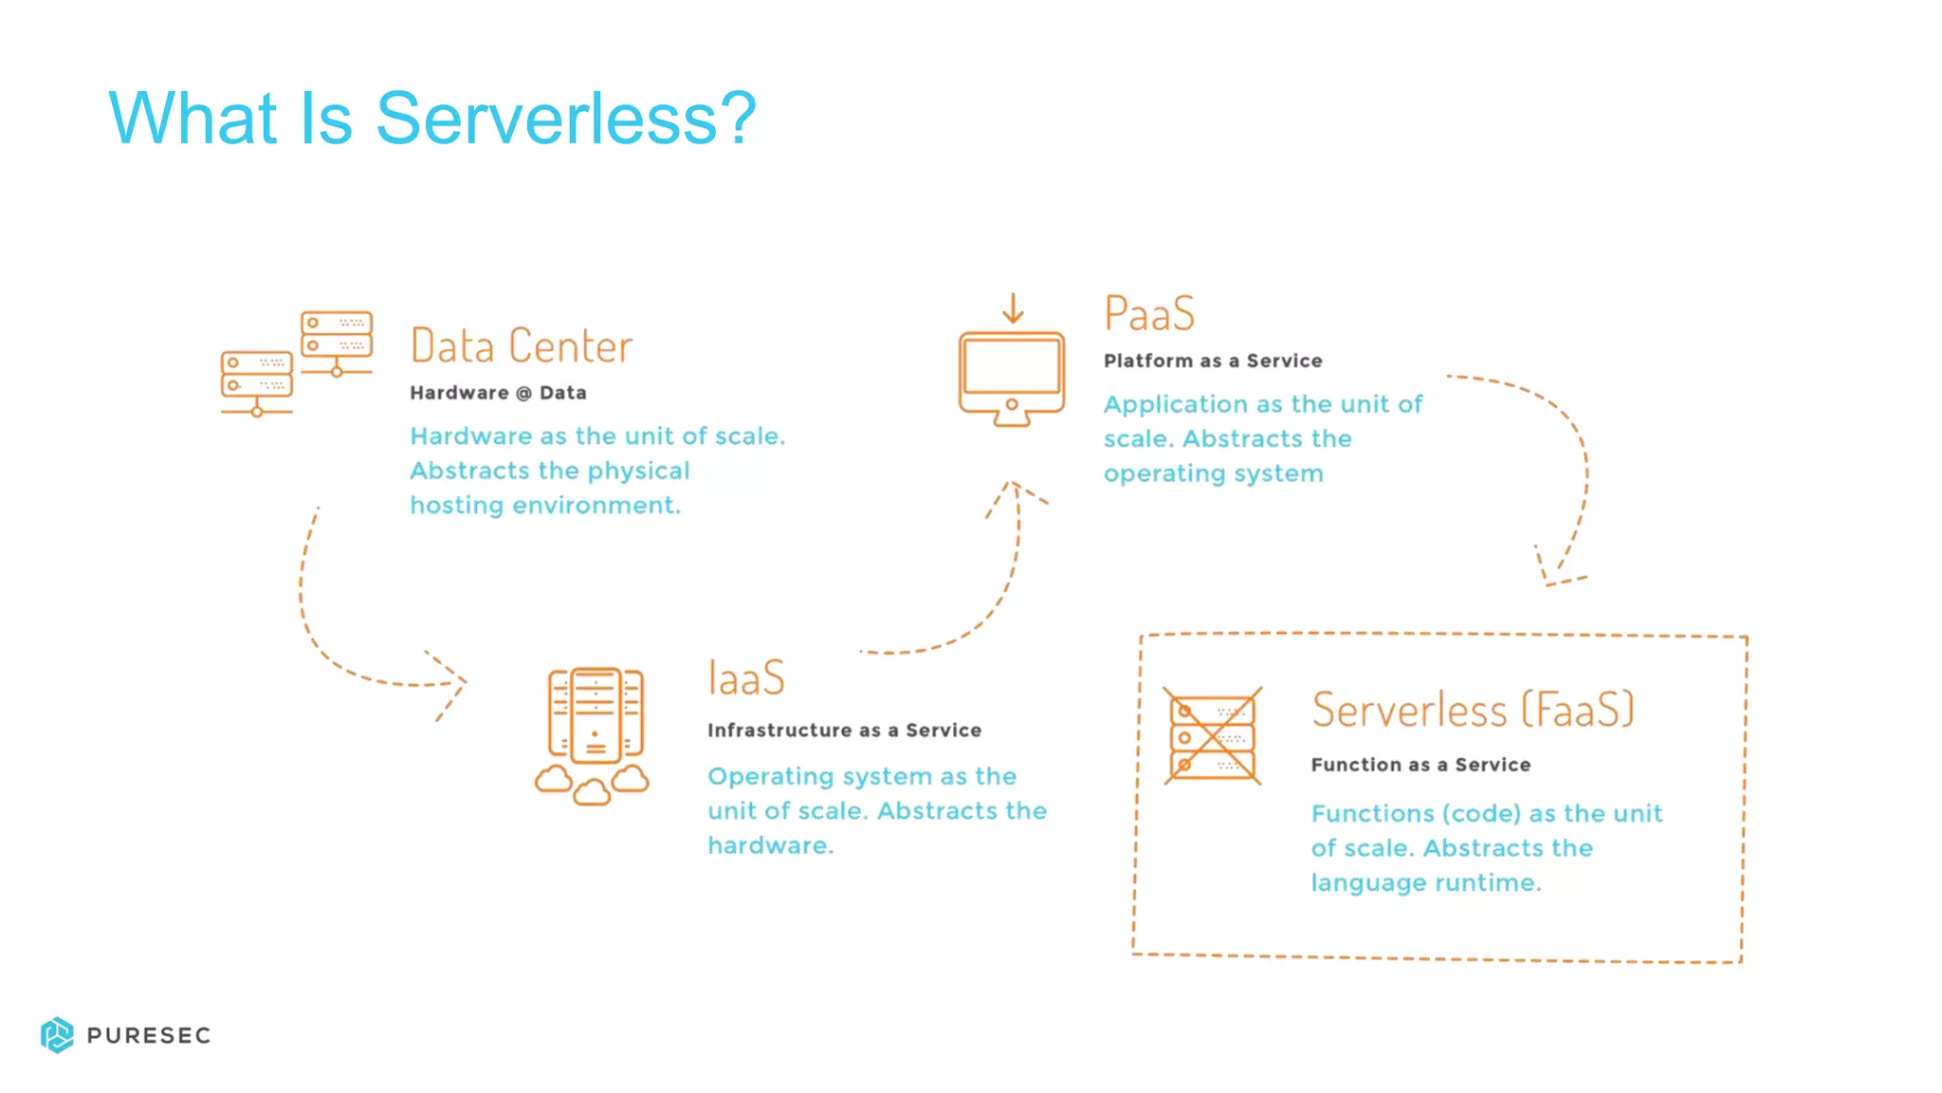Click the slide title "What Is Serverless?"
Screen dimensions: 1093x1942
tap(432, 118)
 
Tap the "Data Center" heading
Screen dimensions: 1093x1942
tap(521, 346)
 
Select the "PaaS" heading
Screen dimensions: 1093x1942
tap(1149, 314)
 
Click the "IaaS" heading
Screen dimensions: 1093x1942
tap(746, 678)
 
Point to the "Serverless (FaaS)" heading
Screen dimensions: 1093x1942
tap(1473, 711)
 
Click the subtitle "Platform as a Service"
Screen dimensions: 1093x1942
tap(1212, 361)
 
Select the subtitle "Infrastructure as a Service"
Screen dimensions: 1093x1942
tap(844, 730)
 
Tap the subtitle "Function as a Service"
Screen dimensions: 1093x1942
tap(1420, 765)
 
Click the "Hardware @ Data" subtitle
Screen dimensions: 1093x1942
tap(498, 393)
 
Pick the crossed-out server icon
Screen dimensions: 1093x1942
tap(1213, 736)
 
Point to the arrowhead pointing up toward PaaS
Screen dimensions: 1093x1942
tap(1015, 491)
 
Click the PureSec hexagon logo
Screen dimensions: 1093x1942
tap(57, 1035)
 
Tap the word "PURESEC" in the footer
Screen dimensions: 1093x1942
tap(149, 1035)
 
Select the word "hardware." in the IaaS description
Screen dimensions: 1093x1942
tap(770, 845)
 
